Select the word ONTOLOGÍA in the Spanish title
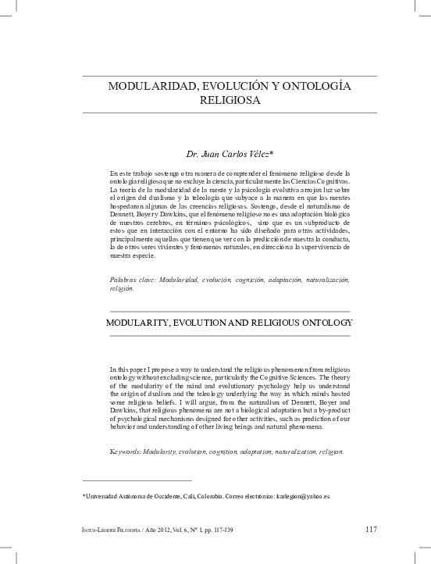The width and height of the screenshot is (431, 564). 312,86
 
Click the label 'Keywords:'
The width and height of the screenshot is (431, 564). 127,452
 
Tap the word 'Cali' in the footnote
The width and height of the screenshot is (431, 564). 192,496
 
